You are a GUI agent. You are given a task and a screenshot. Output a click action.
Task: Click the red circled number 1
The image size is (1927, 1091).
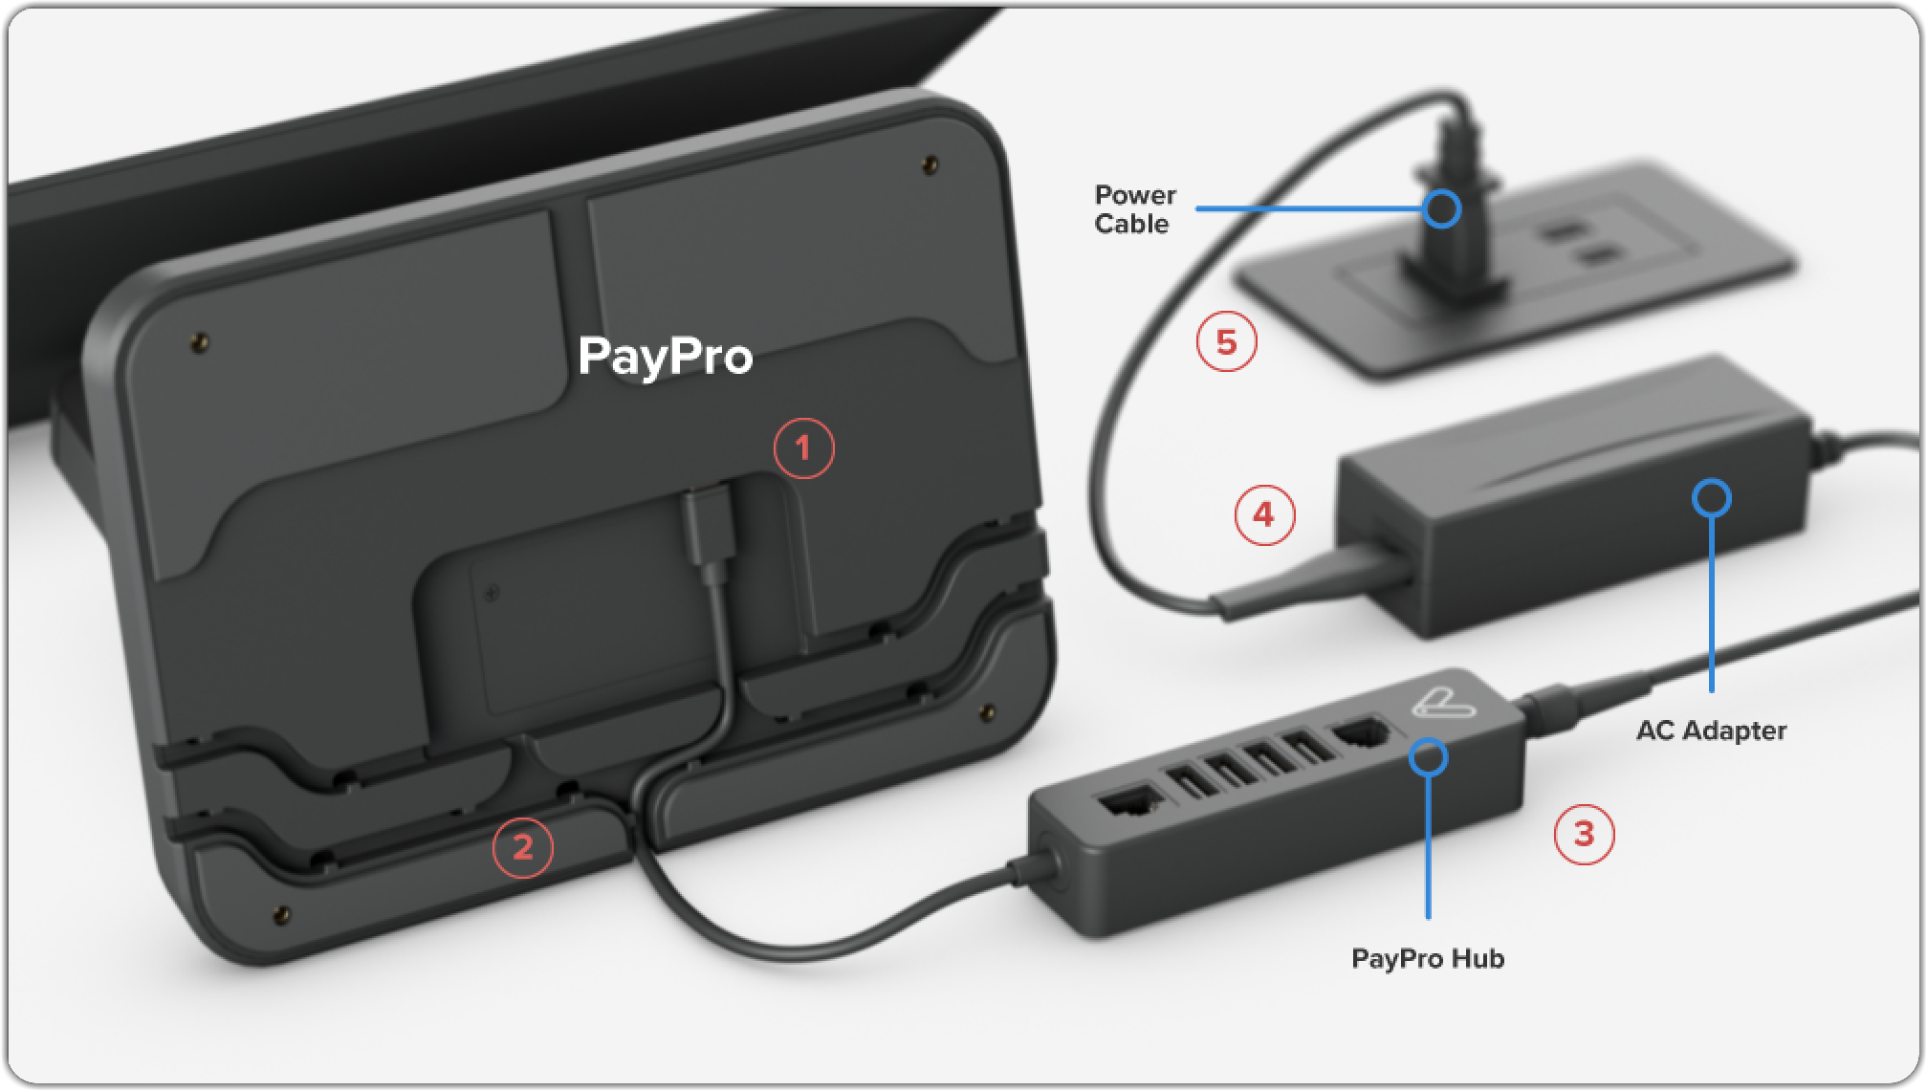tap(803, 447)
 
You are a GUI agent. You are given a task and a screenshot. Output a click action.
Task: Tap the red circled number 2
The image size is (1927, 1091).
tap(522, 847)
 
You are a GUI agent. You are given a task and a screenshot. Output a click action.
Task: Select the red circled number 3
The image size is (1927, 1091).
tap(1584, 834)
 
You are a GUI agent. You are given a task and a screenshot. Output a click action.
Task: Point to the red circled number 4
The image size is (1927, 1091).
tap(1264, 514)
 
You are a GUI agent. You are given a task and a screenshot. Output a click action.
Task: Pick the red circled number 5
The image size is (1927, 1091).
tap(1227, 341)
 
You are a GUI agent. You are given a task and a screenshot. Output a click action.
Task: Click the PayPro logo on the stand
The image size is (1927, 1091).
tap(666, 358)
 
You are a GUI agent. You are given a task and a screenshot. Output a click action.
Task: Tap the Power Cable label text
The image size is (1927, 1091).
tap(1134, 209)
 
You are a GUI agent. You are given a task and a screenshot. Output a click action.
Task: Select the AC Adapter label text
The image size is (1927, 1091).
tap(1711, 731)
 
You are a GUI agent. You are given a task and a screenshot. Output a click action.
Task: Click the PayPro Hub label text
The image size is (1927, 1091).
tap(1428, 958)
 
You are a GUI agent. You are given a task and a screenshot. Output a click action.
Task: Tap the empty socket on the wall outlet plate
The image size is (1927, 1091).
tap(1578, 243)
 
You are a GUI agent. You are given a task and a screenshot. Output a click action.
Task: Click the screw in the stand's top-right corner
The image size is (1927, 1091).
tap(930, 165)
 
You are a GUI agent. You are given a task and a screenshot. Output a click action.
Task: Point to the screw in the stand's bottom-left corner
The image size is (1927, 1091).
tap(281, 915)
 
